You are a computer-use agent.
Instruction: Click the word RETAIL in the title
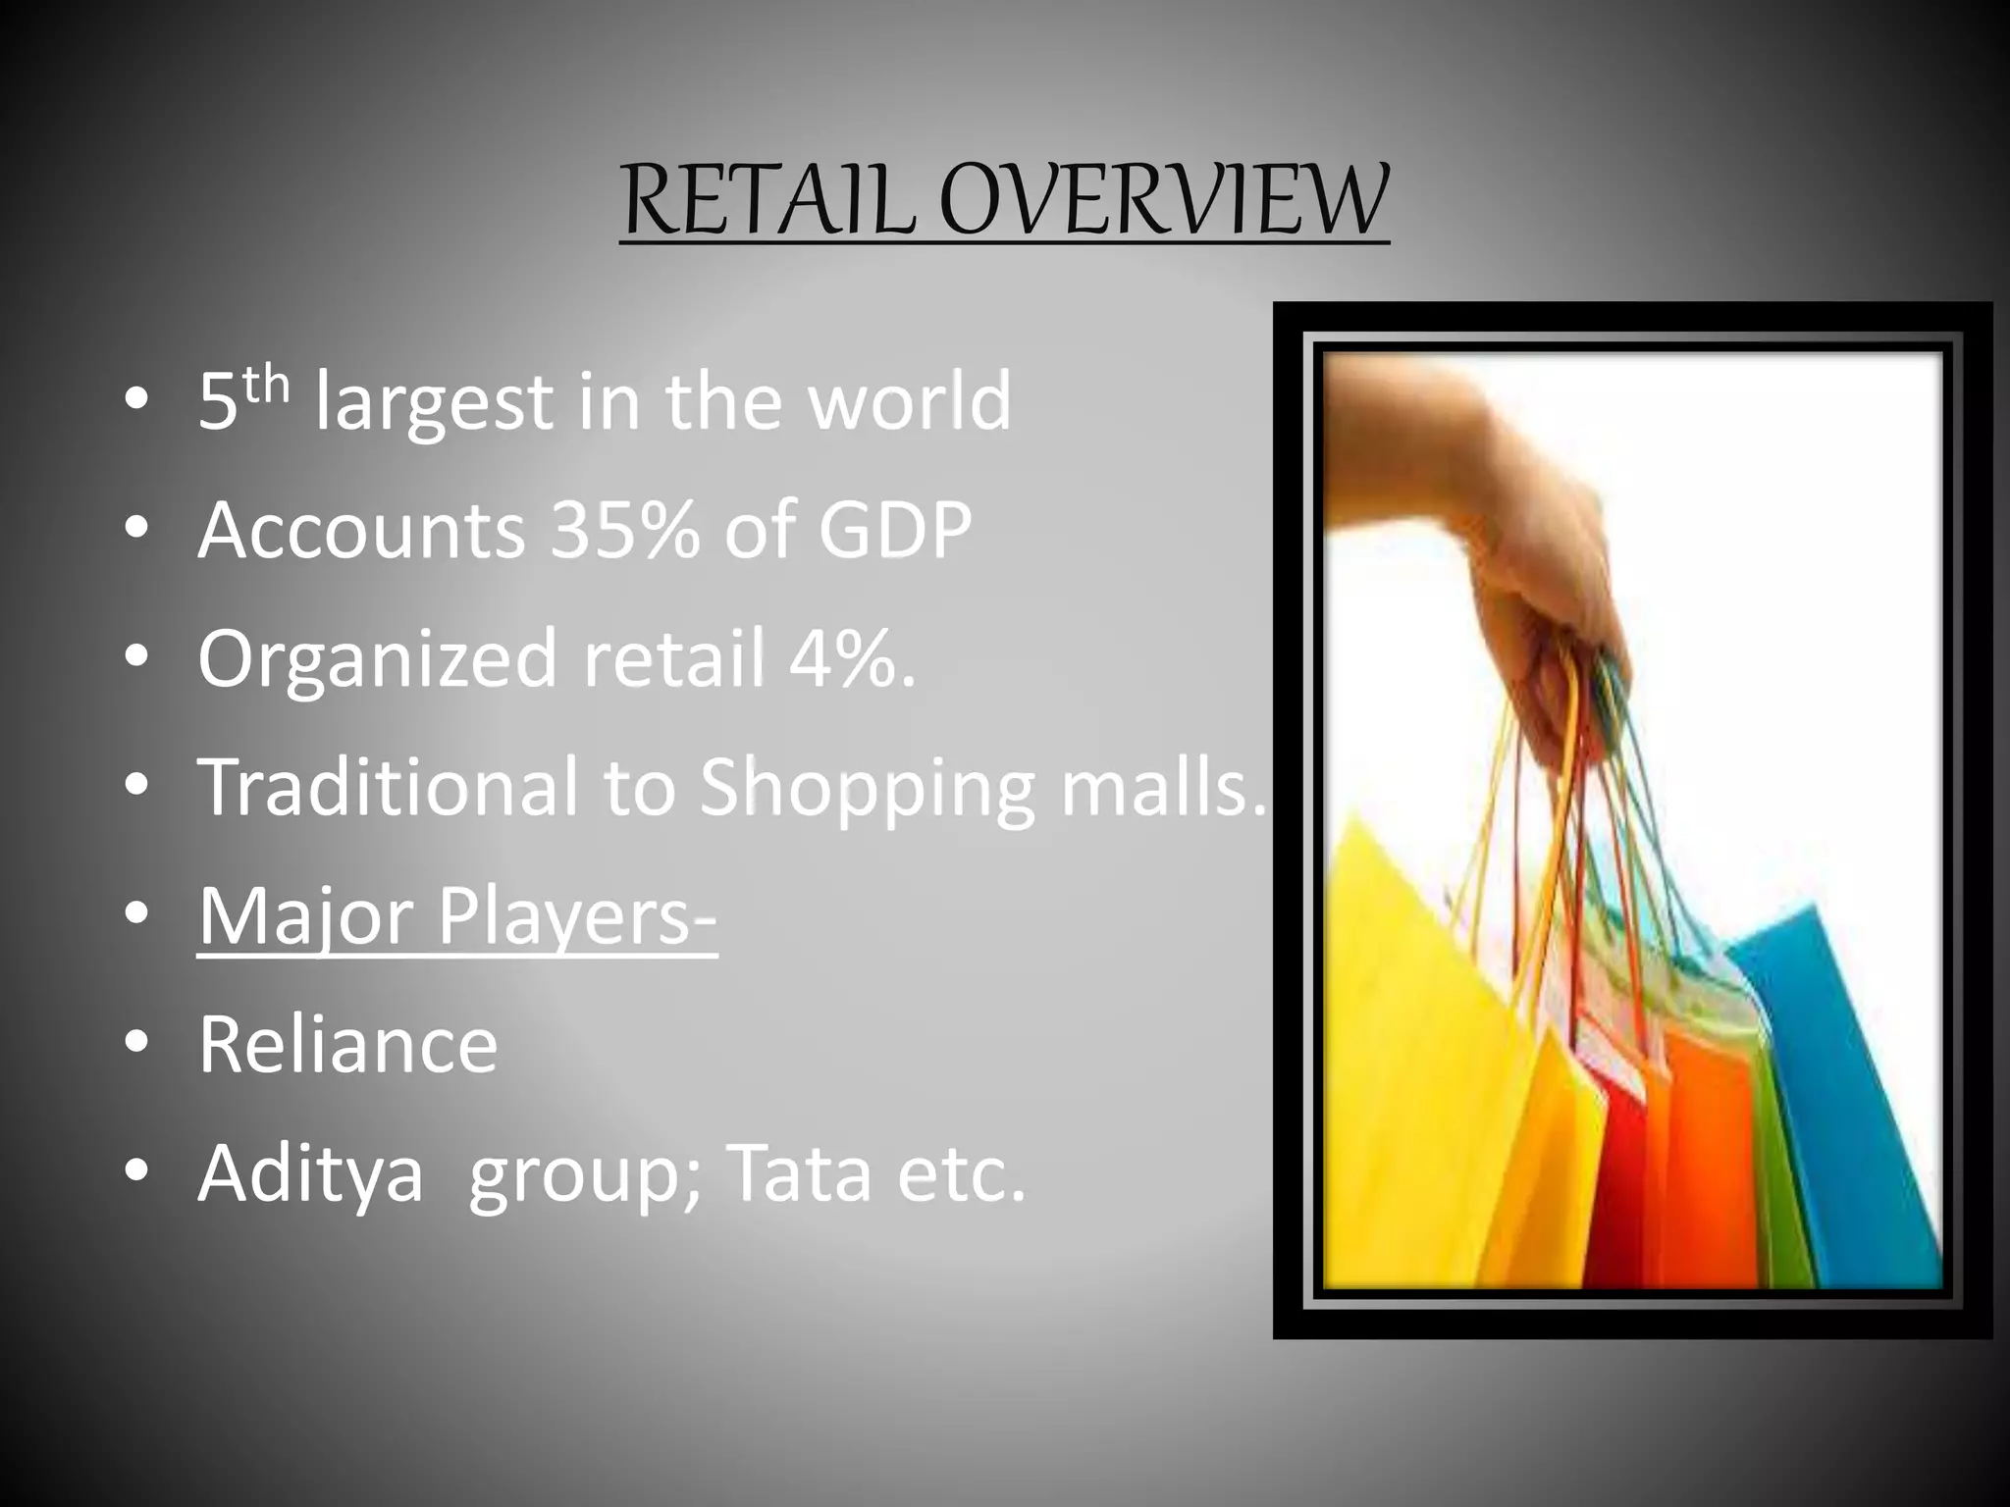pos(769,202)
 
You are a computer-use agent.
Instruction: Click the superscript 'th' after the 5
pos(267,385)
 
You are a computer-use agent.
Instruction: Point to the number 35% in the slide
pos(625,530)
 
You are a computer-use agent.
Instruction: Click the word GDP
pos(895,530)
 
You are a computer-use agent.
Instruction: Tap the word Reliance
pos(348,1045)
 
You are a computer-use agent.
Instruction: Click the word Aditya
pos(311,1174)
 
